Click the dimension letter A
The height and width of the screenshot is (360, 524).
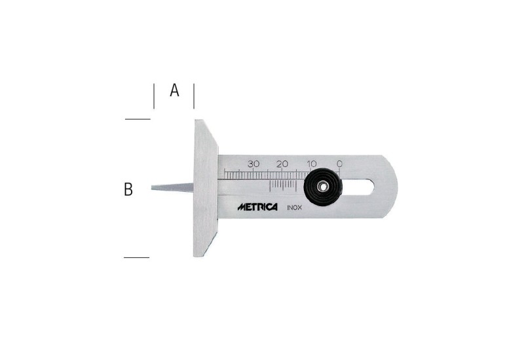(x=174, y=90)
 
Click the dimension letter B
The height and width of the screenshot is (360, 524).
(x=128, y=189)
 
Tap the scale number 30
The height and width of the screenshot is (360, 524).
(x=253, y=164)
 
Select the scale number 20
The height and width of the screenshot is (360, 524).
(x=282, y=164)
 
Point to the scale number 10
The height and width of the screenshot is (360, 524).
(x=312, y=164)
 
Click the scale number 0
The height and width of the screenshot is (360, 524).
(x=339, y=164)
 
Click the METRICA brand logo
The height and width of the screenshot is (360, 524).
(x=257, y=207)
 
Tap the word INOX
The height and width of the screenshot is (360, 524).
(x=294, y=207)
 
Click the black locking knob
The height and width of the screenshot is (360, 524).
(x=323, y=187)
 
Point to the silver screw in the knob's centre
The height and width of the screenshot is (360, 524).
(x=322, y=187)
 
